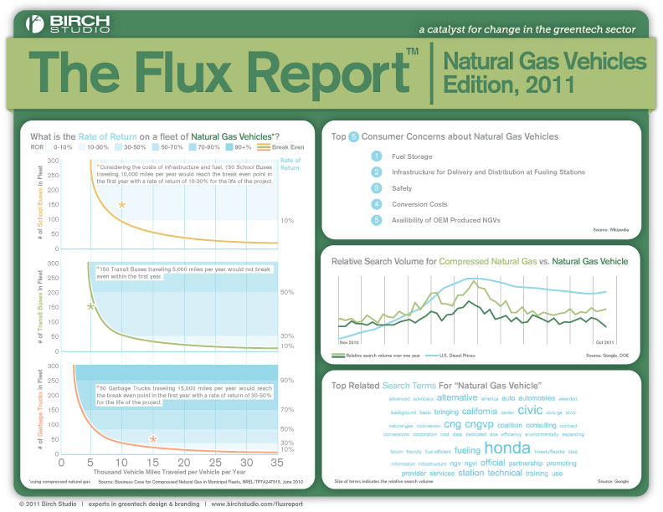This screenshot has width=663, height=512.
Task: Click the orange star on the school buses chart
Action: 122,204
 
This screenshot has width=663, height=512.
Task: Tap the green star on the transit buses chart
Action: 90,307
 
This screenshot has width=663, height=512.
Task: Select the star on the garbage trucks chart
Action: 153,438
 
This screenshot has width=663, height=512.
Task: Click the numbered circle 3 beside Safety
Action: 377,188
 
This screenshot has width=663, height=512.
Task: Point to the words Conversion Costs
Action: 419,204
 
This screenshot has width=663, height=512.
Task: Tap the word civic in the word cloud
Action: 530,411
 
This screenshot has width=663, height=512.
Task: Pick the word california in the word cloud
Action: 480,412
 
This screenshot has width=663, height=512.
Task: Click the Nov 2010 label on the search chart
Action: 350,341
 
